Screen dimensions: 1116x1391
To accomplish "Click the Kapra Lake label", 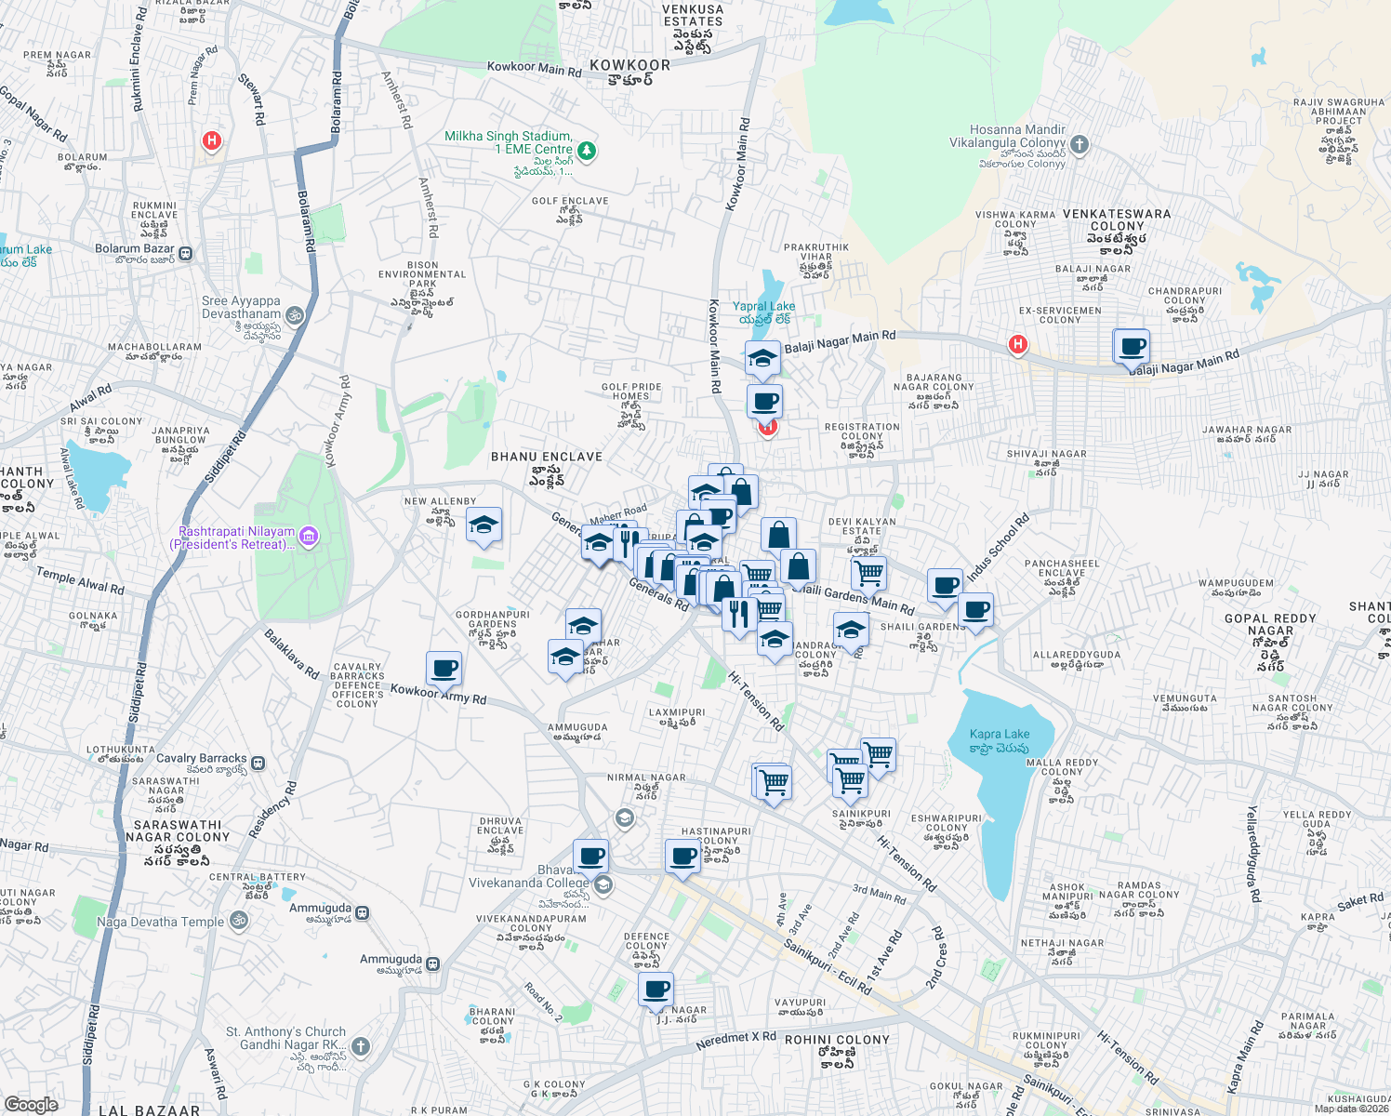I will tap(999, 734).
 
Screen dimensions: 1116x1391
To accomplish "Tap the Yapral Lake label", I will tap(763, 306).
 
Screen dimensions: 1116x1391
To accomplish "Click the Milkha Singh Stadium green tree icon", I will tap(587, 150).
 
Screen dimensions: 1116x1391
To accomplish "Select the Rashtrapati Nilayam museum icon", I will tap(310, 536).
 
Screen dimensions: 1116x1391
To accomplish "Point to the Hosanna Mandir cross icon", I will tap(1080, 144).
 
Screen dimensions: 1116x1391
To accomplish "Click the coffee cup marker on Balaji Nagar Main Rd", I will tap(1132, 347).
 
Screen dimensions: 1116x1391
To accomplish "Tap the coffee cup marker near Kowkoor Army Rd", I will tap(444, 668).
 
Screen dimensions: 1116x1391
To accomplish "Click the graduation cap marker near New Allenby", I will tap(484, 526).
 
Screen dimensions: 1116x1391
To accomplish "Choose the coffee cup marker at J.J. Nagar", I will tap(656, 990).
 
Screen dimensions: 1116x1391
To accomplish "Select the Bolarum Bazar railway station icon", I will tap(186, 253).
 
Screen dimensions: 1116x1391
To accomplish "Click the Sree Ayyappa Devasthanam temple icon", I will tap(295, 315).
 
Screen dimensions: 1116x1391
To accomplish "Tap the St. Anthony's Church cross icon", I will tap(361, 1046).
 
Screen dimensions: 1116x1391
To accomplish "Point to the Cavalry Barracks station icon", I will tap(258, 764).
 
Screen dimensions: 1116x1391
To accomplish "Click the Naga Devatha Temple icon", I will tap(239, 921).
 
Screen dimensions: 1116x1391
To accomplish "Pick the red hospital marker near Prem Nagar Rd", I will tap(212, 141).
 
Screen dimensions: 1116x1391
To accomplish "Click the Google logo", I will tap(31, 1105).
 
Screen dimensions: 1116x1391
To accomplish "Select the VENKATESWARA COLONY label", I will tap(1117, 219).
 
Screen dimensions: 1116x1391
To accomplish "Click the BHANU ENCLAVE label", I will tap(547, 457).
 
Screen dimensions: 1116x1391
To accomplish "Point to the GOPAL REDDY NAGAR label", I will tap(1270, 624).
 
